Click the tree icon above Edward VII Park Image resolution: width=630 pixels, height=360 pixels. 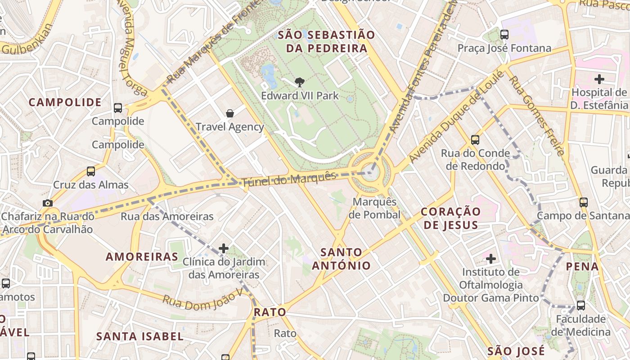299,82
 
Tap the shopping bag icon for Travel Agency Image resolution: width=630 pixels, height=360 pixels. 230,113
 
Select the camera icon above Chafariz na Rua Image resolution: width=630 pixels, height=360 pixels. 48,203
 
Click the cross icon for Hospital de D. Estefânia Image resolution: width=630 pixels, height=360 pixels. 599,80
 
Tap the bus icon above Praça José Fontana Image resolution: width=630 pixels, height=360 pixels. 504,34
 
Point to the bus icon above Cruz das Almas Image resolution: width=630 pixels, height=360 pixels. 91,171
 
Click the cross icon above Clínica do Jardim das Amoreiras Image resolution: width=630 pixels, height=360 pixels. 224,248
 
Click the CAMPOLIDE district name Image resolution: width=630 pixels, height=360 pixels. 65,102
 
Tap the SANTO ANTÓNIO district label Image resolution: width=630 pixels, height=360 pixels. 342,259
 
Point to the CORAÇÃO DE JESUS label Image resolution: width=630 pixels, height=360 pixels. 450,218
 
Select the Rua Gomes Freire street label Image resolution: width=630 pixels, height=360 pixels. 536,116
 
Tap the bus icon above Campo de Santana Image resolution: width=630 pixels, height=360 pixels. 584,202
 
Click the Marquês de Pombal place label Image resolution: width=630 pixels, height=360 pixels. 374,208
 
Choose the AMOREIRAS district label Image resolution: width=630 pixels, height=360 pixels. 142,257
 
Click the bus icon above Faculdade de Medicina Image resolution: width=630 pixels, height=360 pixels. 581,306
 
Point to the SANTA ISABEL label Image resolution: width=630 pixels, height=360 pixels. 140,336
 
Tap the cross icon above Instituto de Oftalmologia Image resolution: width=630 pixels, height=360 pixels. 491,259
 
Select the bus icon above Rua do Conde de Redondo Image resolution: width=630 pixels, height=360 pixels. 475,140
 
